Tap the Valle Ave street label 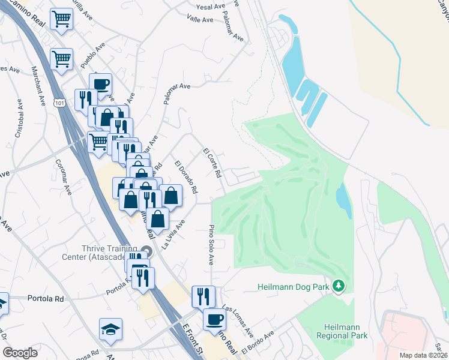pos(200,20)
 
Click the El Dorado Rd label pos(186,176)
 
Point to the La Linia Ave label pos(174,235)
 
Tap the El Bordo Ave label pos(258,342)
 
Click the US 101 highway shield pos(59,103)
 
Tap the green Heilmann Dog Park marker pos(339,286)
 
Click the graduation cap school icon pos(110,329)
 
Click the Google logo pos(20,353)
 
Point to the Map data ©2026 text pos(423,355)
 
